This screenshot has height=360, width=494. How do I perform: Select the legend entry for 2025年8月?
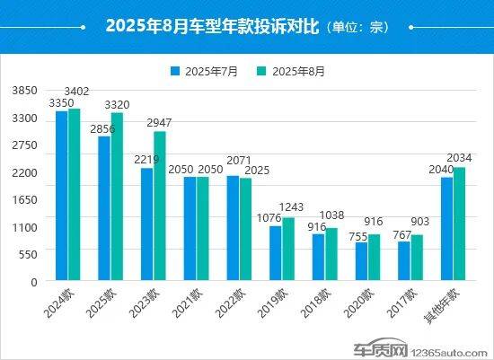(x=294, y=70)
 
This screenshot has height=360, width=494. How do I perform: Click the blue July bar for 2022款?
(x=233, y=228)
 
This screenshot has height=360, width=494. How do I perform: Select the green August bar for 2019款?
(x=288, y=249)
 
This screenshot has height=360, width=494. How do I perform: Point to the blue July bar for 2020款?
(x=361, y=261)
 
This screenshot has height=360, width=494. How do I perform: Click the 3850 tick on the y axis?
(x=23, y=92)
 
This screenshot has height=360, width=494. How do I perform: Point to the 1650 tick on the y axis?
(x=23, y=200)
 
